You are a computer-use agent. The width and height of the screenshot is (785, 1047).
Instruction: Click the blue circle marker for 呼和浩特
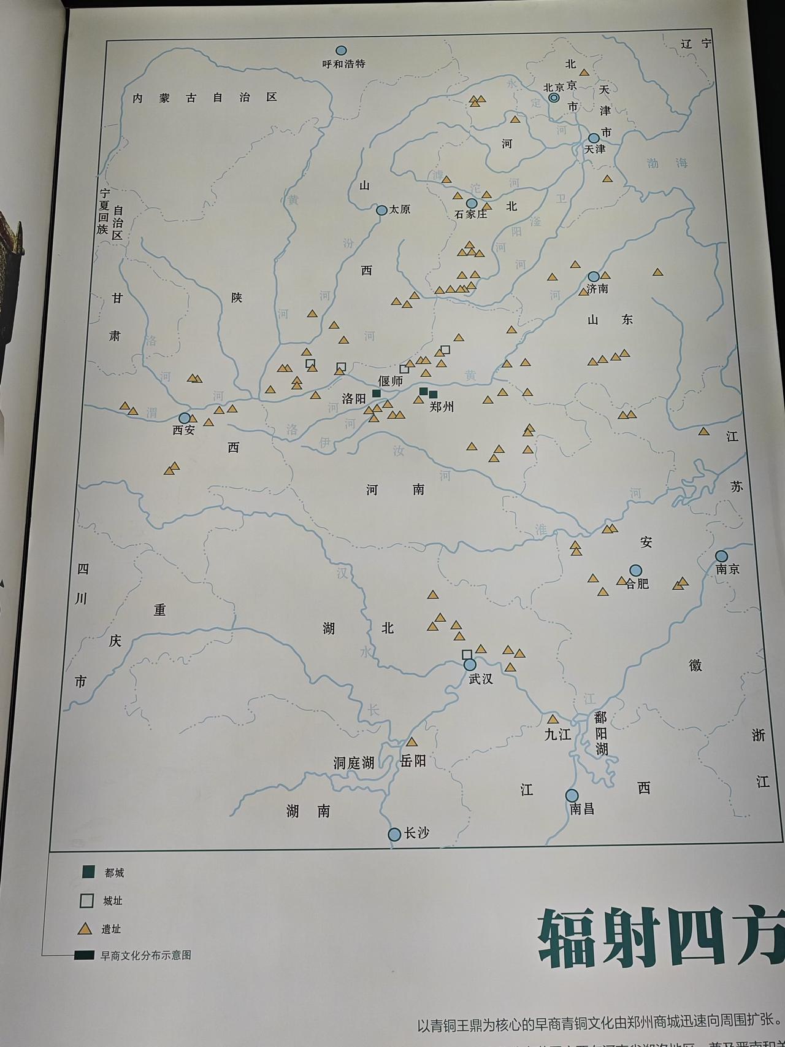pos(341,50)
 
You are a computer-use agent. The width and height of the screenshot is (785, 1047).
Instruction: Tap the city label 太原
pos(399,210)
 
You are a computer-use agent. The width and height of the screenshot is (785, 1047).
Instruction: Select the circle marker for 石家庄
pos(472,203)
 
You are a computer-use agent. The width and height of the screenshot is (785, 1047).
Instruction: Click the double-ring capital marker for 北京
pos(554,98)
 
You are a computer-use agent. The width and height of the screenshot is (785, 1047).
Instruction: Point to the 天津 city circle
pos(594,139)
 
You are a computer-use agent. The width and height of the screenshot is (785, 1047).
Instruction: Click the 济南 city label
pos(597,288)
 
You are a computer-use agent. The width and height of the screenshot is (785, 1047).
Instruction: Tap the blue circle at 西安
pos(185,418)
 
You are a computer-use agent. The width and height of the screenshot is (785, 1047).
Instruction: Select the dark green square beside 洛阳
pos(377,393)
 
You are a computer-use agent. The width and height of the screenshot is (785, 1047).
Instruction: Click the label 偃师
pos(391,381)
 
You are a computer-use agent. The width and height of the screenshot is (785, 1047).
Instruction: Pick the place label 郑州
pos(442,406)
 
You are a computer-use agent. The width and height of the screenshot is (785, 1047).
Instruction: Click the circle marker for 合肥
pos(635,570)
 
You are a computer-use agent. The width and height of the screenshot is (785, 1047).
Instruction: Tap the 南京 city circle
pos(722,557)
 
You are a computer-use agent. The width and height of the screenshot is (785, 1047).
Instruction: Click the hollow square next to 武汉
pos(467,654)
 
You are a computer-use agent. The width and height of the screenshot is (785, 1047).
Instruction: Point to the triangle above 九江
pos(553,719)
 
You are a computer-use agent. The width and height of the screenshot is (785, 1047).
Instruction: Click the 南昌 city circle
pos(572,795)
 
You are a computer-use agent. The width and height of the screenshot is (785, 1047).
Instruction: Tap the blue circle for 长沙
pos(394,834)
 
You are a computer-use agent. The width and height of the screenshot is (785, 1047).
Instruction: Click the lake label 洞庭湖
pos(354,763)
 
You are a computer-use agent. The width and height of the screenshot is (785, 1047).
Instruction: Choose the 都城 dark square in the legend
pos(88,871)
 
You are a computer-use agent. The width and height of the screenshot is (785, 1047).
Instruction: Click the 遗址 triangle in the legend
pos(85,929)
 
